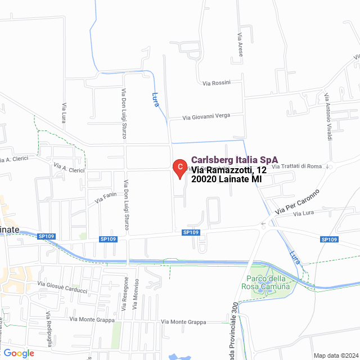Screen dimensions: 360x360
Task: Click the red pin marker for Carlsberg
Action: click(x=179, y=168)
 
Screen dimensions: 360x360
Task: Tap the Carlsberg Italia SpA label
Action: click(x=235, y=160)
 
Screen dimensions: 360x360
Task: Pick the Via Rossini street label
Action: click(x=217, y=83)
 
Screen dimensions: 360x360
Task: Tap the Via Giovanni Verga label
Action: click(x=206, y=116)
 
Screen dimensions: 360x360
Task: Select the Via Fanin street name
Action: click(x=106, y=197)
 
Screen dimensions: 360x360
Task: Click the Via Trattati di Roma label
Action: click(x=296, y=166)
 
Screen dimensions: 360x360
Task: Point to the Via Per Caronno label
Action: click(x=296, y=204)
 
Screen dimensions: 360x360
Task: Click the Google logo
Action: click(x=19, y=353)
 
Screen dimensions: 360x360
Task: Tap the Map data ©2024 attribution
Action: click(x=335, y=355)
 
